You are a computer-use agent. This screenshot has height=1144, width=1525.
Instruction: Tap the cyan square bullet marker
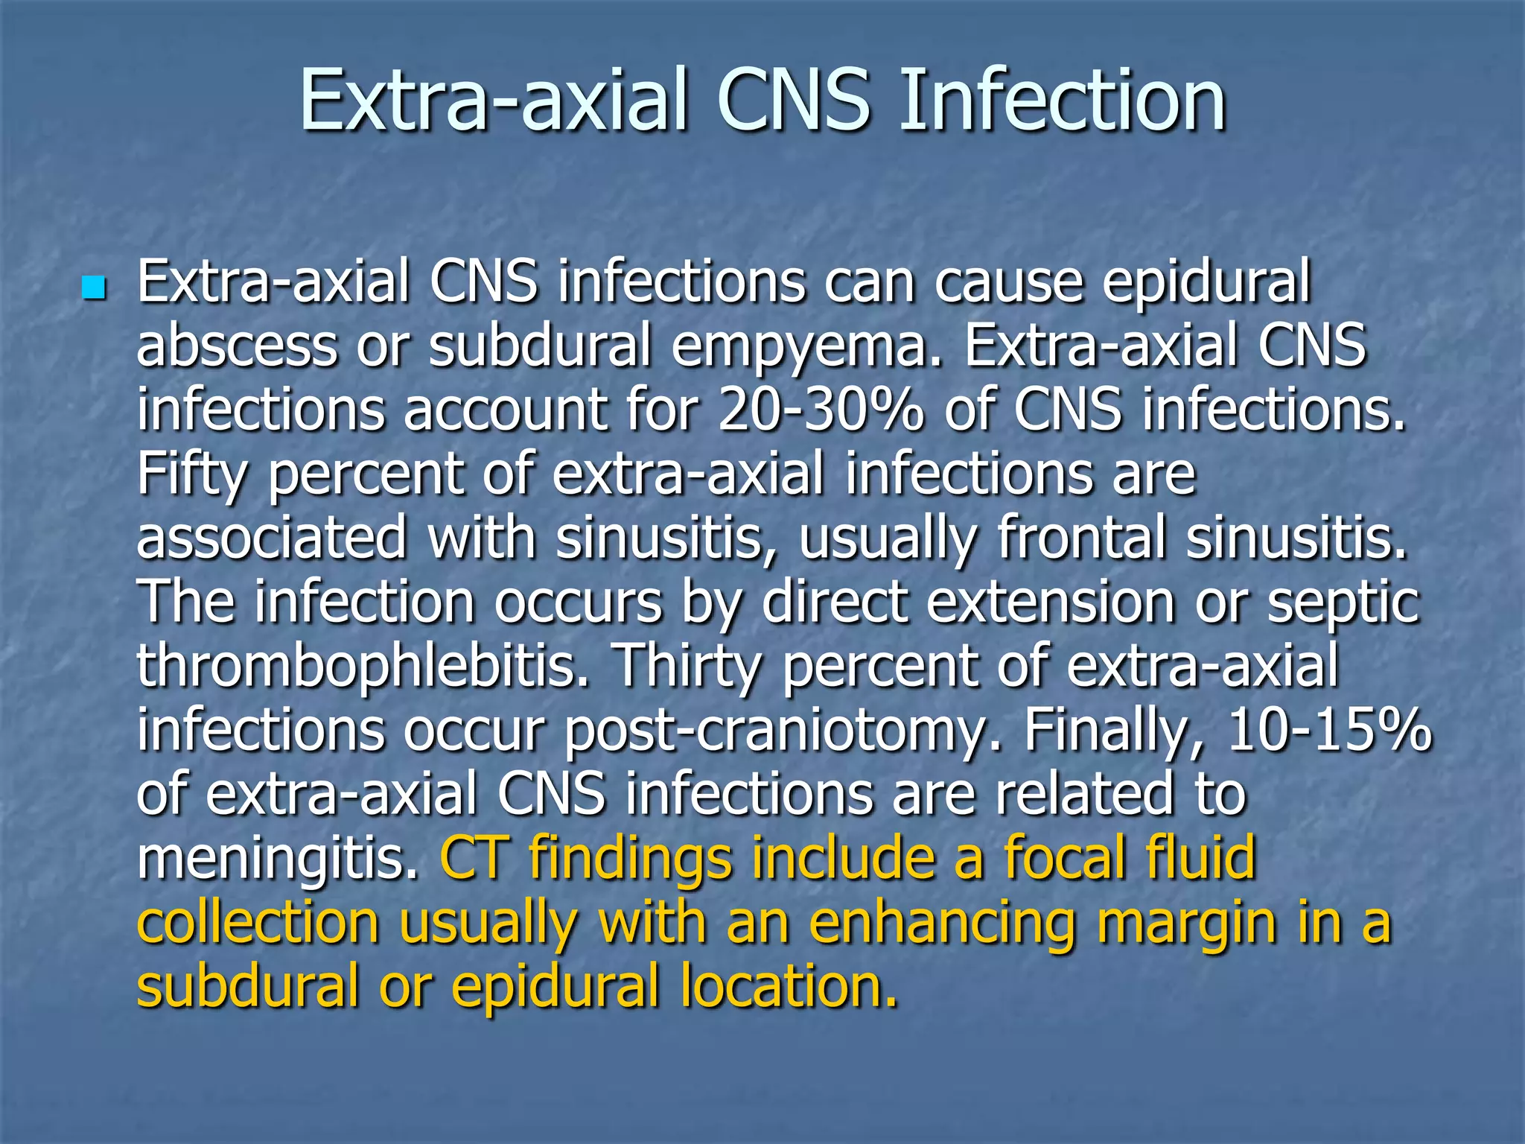[x=94, y=287]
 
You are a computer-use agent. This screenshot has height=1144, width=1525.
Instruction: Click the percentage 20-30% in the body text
[x=821, y=411]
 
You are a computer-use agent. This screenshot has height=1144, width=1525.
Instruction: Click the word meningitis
[x=278, y=859]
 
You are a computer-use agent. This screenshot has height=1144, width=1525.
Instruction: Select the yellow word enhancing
[x=943, y=924]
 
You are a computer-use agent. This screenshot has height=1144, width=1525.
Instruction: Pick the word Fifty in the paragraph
[x=191, y=477]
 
